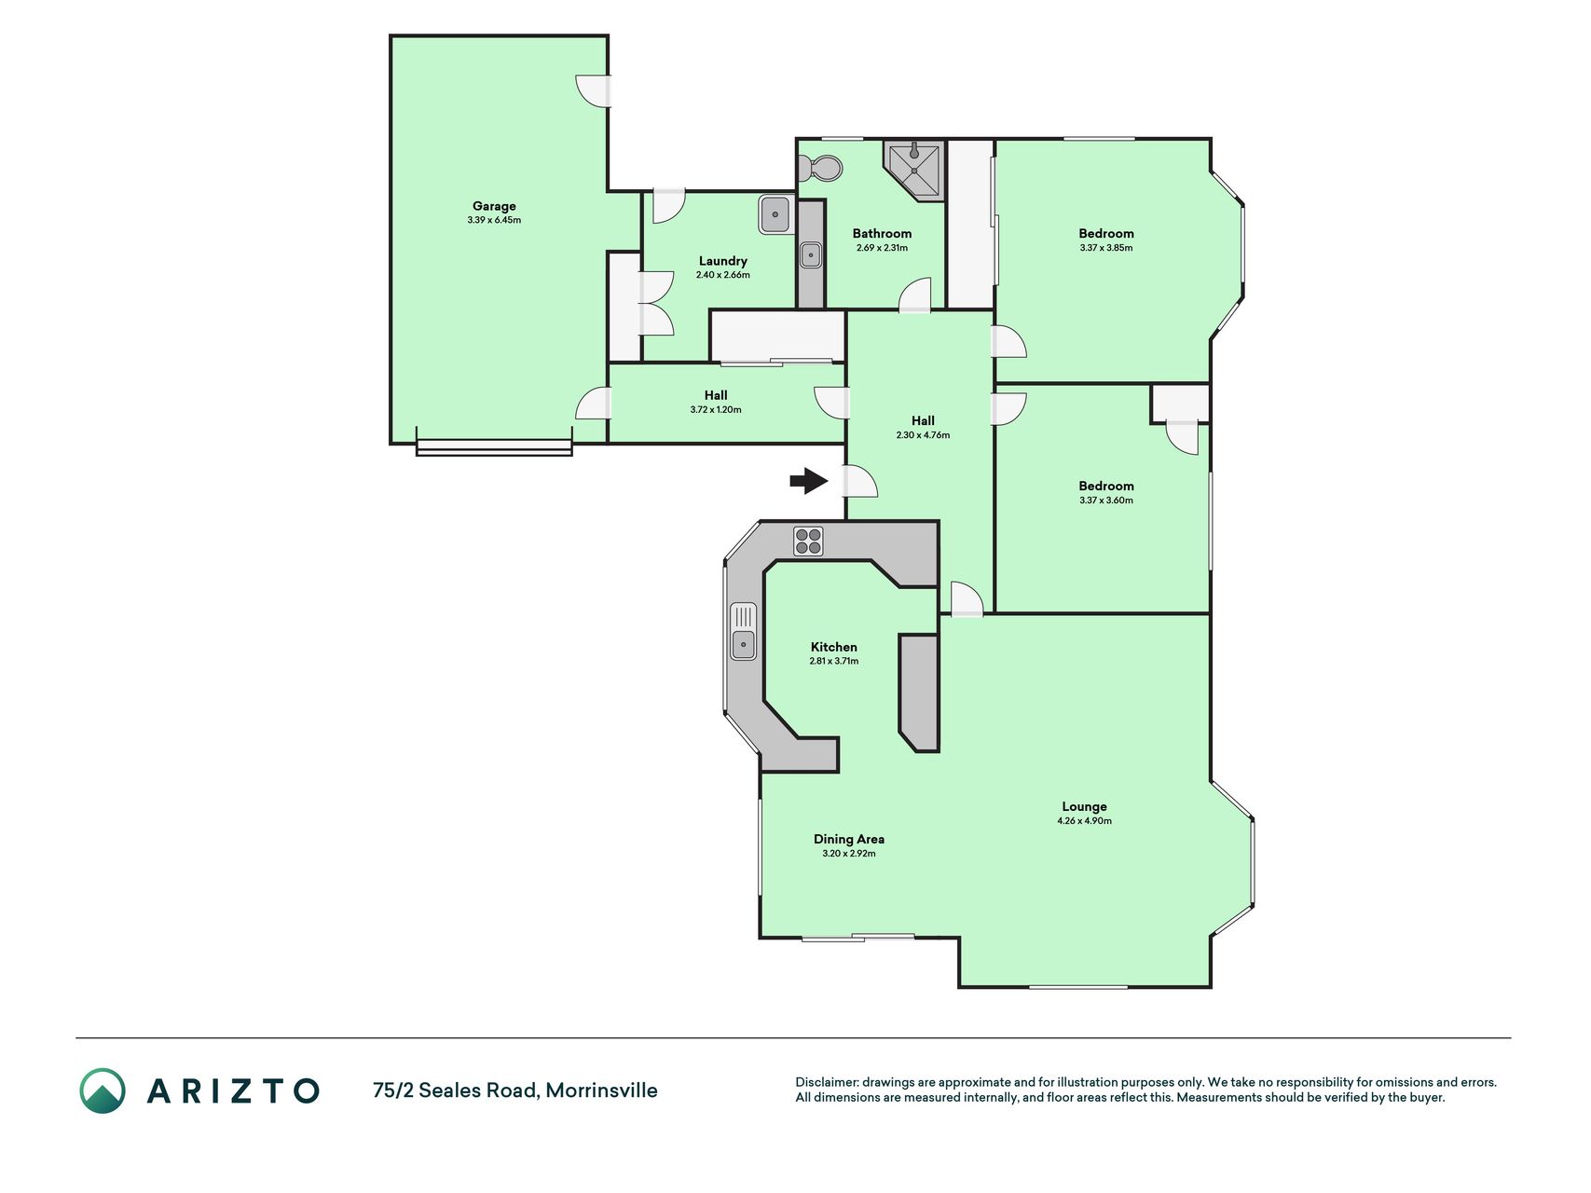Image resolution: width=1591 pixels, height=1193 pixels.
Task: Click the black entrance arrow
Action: pyautogui.click(x=809, y=481)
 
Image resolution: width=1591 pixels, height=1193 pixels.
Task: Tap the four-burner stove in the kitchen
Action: pyautogui.click(x=808, y=542)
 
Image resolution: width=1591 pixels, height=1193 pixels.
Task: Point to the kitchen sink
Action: pyautogui.click(x=743, y=631)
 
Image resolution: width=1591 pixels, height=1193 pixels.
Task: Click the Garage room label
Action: pyautogui.click(x=494, y=206)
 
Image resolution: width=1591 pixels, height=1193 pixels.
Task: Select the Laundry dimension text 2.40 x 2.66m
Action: pyautogui.click(x=723, y=275)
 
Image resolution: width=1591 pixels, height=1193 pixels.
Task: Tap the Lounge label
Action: pyautogui.click(x=1084, y=807)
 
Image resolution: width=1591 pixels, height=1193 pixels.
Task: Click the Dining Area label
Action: pyautogui.click(x=849, y=839)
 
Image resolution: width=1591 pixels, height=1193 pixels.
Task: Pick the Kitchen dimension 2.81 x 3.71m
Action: pyautogui.click(x=834, y=661)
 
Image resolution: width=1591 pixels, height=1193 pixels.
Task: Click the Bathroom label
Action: pyautogui.click(x=882, y=234)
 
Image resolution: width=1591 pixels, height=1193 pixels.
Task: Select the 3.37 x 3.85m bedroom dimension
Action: pyautogui.click(x=1106, y=248)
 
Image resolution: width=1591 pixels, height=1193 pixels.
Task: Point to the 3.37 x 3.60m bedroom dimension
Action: pyautogui.click(x=1106, y=501)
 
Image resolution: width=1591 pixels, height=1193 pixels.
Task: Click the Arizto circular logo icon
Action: pyautogui.click(x=103, y=1090)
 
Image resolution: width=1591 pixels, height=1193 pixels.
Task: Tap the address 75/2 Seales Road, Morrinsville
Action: pyautogui.click(x=514, y=1090)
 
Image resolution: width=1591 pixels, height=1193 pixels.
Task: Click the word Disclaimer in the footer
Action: pyautogui.click(x=826, y=1082)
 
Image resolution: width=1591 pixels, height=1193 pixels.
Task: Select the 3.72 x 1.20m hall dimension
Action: pyautogui.click(x=716, y=410)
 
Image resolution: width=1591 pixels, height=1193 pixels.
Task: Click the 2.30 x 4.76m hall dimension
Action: pyautogui.click(x=923, y=435)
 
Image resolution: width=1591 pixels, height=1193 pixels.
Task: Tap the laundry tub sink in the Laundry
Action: pyautogui.click(x=775, y=214)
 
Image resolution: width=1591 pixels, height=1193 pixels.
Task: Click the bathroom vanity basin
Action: pyautogui.click(x=811, y=254)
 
